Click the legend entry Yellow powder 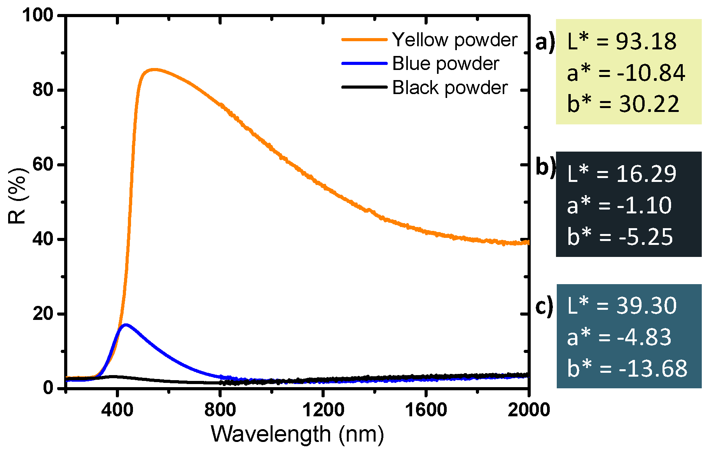point(454,40)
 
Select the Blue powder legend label point(445,64)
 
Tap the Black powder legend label point(449,88)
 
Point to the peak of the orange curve point(154,70)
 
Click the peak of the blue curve point(125,325)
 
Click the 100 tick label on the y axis point(37,16)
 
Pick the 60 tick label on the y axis point(43,164)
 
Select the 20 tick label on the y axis point(43,313)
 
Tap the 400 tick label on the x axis point(117,410)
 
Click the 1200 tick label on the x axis point(323,410)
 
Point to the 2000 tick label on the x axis point(528,410)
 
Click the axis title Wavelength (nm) point(297,434)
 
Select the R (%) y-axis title point(17,196)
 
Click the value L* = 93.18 point(622,41)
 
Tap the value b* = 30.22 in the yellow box point(623,104)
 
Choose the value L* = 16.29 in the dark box point(622,174)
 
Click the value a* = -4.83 point(619,337)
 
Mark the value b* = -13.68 point(627,368)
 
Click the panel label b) point(545,167)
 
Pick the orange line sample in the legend point(364,40)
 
